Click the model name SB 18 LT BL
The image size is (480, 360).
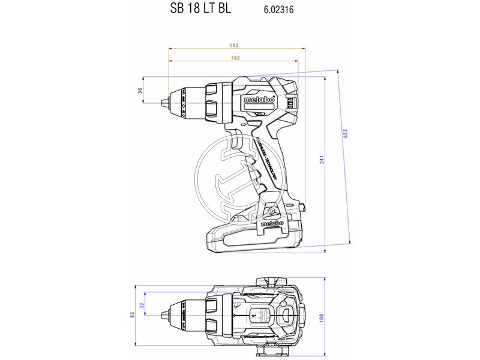[x=196, y=9]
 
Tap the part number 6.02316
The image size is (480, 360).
[x=278, y=10]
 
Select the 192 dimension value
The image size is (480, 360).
[x=235, y=46]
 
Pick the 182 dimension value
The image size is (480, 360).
[x=235, y=58]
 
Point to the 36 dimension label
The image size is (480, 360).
[x=140, y=91]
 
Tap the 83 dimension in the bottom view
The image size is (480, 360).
[x=131, y=314]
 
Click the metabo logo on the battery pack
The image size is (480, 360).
[x=272, y=224]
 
